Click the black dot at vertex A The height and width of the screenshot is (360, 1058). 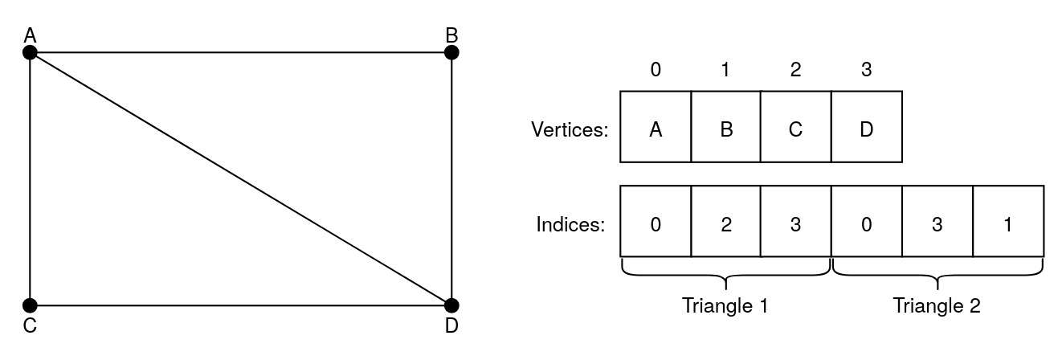(30, 53)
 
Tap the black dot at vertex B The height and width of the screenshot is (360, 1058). (451, 53)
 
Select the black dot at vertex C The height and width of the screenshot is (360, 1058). (30, 305)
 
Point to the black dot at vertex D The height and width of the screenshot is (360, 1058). (451, 305)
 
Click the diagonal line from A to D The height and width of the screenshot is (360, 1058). (241, 179)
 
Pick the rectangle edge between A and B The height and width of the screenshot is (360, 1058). (241, 53)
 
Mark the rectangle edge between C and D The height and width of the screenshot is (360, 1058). (241, 305)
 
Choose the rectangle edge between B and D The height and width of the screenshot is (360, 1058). (451, 179)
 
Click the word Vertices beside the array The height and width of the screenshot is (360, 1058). (569, 129)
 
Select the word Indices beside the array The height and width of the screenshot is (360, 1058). (570, 223)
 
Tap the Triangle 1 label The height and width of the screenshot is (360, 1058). (725, 306)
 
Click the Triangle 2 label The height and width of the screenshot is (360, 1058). (937, 306)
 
